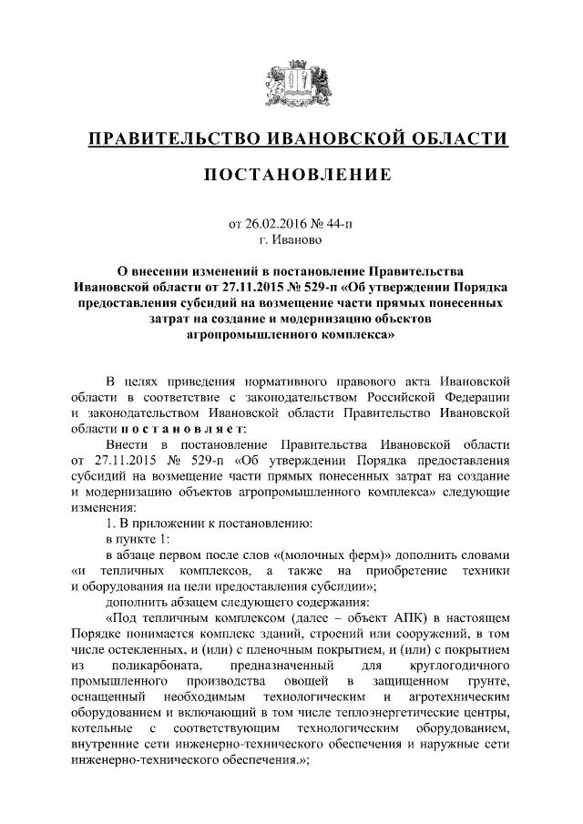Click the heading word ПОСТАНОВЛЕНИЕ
click(x=291, y=174)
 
